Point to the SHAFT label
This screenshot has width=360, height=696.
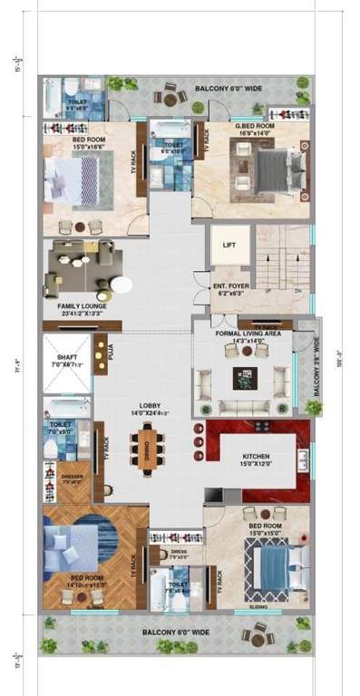[66, 358]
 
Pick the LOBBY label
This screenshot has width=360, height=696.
[150, 405]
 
